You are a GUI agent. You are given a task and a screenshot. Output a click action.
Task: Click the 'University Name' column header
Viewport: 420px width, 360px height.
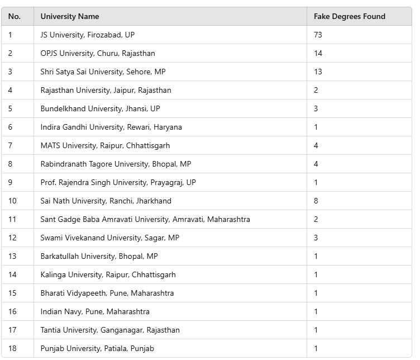click(x=70, y=17)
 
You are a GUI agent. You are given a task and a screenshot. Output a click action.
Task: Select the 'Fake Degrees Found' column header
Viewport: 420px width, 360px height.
click(x=350, y=17)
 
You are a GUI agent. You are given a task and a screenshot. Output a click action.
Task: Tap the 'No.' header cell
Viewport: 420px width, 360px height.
click(x=15, y=17)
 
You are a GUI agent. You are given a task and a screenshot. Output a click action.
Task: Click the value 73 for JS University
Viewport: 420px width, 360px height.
click(x=318, y=35)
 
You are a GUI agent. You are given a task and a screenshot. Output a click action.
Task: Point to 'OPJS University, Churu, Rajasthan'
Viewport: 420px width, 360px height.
click(x=98, y=53)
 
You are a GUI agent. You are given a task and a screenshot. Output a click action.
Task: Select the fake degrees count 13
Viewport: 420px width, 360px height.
click(x=318, y=72)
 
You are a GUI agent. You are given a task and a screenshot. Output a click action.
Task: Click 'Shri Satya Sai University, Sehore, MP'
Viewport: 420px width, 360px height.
click(x=103, y=72)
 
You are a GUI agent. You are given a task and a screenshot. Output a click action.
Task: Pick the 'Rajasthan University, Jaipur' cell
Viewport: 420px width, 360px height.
click(x=106, y=90)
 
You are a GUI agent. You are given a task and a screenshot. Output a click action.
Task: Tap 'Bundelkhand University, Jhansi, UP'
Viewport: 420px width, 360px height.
click(x=100, y=108)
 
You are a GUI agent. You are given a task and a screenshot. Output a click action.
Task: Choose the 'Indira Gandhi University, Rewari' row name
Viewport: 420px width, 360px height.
click(x=111, y=127)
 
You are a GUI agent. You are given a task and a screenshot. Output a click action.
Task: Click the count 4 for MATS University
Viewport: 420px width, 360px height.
click(x=316, y=145)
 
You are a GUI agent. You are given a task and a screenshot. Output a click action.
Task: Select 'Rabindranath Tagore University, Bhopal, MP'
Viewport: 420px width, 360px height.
click(x=116, y=164)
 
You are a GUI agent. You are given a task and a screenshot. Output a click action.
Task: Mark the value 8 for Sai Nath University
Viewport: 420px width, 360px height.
click(x=316, y=201)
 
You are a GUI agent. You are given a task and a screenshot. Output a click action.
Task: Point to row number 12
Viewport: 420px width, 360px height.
click(x=12, y=238)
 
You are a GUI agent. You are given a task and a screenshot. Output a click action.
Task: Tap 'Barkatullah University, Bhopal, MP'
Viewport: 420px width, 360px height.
click(x=99, y=256)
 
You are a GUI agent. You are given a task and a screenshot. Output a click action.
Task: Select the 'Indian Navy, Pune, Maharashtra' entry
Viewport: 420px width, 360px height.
click(x=95, y=311)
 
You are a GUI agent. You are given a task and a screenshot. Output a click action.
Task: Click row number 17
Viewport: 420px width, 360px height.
click(x=12, y=330)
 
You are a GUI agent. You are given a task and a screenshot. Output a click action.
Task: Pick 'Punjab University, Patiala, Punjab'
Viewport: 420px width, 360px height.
click(x=97, y=348)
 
